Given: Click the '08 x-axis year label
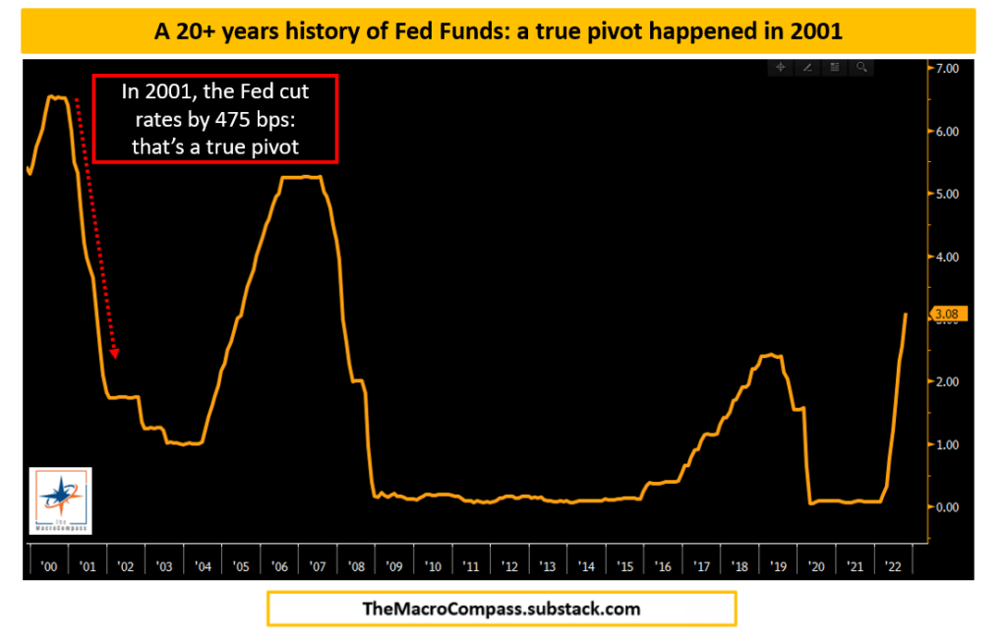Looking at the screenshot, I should (x=356, y=566).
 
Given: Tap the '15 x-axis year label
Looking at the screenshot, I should (x=624, y=566).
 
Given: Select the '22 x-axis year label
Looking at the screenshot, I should (x=894, y=566).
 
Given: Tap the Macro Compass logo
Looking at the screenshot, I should (x=60, y=501).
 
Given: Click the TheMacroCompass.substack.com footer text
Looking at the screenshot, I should (x=501, y=609).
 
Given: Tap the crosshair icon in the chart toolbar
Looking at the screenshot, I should (x=780, y=68).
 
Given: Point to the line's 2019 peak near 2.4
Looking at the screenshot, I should (x=772, y=355).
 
